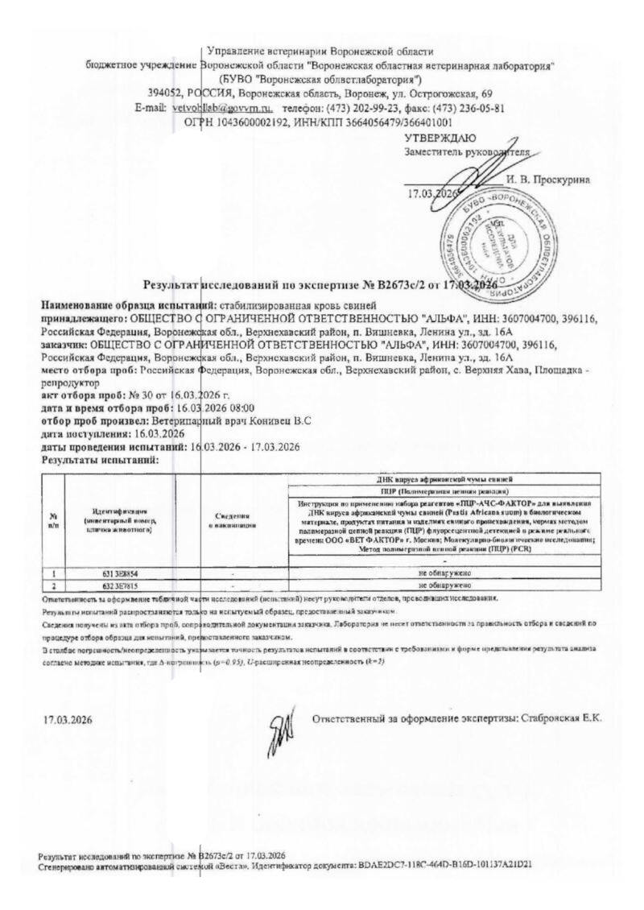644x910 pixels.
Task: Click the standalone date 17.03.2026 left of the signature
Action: tap(68, 719)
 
